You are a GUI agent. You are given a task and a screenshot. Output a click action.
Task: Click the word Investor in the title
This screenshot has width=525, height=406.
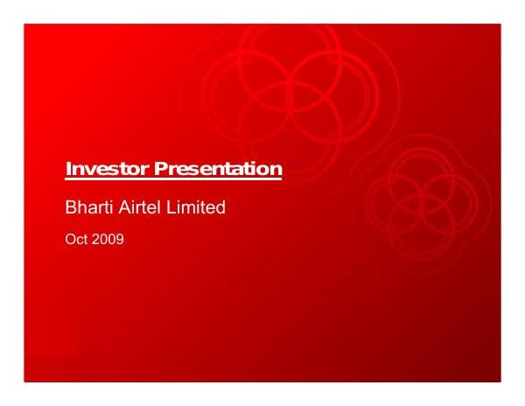[108, 168]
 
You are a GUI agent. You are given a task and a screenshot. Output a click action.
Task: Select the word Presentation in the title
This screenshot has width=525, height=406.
[218, 168]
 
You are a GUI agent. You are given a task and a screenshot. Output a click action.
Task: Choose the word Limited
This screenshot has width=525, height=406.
[199, 208]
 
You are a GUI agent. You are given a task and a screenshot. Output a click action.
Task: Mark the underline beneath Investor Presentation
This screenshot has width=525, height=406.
[174, 178]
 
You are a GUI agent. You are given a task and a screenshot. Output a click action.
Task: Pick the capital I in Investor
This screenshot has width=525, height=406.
[69, 168]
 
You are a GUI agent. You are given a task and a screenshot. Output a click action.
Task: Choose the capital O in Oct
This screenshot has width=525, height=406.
[70, 238]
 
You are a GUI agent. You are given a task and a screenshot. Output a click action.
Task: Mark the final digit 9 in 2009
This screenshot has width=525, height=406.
[120, 238]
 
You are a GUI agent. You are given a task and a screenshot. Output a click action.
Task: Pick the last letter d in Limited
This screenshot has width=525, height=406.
[220, 208]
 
